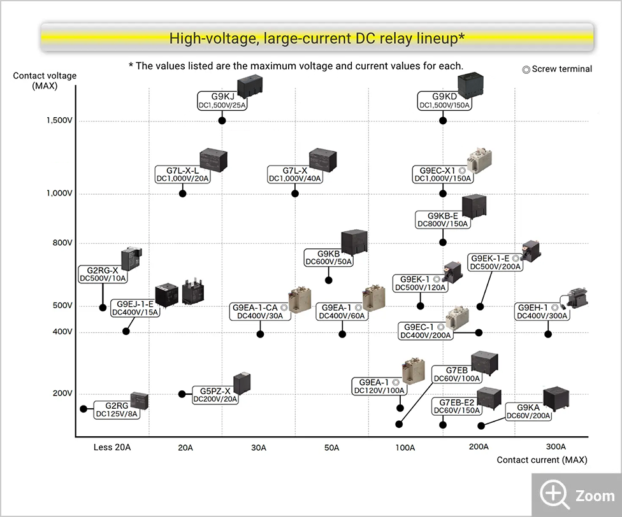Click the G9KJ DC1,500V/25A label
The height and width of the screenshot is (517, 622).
point(221,101)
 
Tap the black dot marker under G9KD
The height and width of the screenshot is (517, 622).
point(444,120)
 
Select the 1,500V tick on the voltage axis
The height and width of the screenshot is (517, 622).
point(59,120)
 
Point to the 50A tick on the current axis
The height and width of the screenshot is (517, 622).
point(331,448)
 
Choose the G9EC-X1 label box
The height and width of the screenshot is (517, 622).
point(442,174)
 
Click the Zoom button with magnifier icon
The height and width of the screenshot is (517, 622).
point(577,495)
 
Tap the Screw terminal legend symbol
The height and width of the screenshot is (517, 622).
point(526,69)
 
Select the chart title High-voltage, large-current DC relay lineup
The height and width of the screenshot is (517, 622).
point(317,38)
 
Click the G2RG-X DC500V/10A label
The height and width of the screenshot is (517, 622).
point(103,274)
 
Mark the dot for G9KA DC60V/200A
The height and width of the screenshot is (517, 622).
point(481,425)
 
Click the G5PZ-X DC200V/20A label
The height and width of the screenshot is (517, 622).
point(215,395)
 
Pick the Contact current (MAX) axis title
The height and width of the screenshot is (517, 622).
point(542,460)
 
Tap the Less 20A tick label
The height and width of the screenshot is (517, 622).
point(112,448)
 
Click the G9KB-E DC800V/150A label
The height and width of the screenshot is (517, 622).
point(443,220)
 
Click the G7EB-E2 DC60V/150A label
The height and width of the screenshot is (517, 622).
point(456,406)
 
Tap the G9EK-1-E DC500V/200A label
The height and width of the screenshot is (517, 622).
point(496,262)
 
